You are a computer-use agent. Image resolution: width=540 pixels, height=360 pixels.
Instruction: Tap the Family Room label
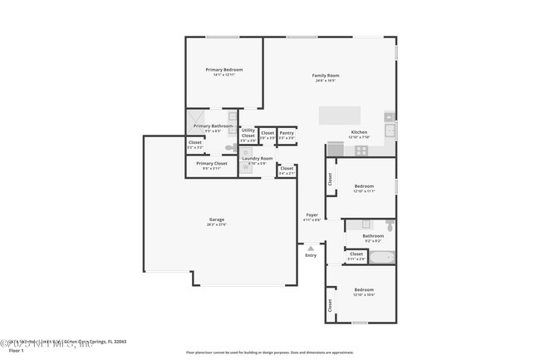tap(326, 76)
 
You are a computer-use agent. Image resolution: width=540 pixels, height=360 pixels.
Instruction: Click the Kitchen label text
tap(359, 132)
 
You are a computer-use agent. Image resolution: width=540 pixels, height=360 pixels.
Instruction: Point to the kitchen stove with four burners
tap(361, 150)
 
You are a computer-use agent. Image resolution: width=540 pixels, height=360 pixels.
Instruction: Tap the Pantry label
tap(287, 132)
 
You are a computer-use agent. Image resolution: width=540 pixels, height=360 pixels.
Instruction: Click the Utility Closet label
tap(248, 132)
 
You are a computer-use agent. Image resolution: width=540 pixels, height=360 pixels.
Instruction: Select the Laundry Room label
tap(257, 158)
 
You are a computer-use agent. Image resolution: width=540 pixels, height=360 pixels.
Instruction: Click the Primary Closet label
tap(212, 164)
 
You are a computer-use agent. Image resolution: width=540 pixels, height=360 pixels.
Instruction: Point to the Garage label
tap(217, 220)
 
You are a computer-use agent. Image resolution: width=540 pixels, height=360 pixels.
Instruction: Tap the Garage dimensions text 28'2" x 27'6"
tap(217, 225)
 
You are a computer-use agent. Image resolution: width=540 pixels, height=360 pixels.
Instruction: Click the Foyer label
tap(312, 215)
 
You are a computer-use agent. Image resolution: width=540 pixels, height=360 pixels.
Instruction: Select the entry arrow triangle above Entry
tap(311, 247)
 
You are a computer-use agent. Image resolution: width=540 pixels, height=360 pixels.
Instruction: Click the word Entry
tap(311, 255)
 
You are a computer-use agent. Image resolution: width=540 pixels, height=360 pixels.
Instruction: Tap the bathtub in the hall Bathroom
tap(381, 256)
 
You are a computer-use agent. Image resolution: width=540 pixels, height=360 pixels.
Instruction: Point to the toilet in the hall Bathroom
tap(390, 224)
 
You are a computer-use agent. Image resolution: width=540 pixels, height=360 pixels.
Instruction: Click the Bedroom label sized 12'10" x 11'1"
tap(364, 186)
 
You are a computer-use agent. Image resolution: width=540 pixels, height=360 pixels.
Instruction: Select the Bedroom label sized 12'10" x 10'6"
tap(364, 291)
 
